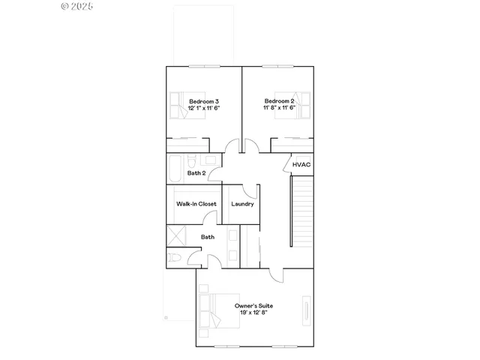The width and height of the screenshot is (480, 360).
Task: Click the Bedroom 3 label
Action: tap(204, 101)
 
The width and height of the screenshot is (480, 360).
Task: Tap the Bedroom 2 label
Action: tap(278, 101)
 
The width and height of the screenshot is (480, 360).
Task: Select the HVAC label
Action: tap(301, 164)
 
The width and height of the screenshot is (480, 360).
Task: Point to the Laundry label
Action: tap(242, 204)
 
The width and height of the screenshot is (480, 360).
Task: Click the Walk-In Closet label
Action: tap(196, 204)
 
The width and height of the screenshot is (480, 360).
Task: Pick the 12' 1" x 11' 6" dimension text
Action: tap(204, 108)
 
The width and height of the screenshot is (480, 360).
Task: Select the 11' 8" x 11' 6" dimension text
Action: tap(279, 108)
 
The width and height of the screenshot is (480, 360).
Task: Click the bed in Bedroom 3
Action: tap(180, 106)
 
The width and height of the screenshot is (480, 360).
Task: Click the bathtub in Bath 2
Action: tap(175, 168)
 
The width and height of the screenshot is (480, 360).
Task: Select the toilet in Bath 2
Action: tap(192, 162)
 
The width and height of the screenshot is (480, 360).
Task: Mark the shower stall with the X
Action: tap(176, 235)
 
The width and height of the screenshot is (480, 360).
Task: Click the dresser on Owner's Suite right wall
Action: tap(306, 310)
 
